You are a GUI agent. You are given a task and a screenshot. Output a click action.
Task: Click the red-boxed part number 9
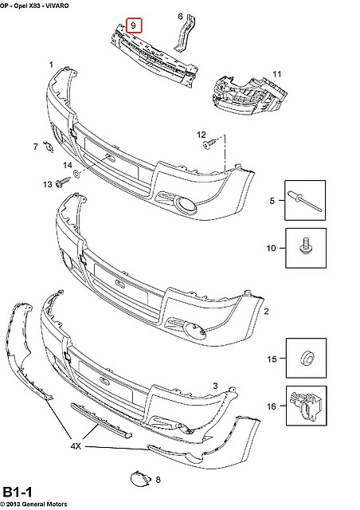pos(134,25)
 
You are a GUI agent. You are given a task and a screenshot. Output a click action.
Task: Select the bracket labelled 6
pos(186,33)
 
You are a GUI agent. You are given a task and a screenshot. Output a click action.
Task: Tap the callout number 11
pos(276,74)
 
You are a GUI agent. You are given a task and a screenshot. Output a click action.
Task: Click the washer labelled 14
pos(77,174)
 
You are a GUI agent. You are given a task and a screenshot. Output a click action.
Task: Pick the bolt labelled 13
pos(63,182)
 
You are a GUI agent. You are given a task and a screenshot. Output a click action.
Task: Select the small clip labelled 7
pos(49,147)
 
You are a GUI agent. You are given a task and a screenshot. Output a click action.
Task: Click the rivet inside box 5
pos(305,201)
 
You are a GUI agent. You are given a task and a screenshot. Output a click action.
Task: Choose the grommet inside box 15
pos(307,359)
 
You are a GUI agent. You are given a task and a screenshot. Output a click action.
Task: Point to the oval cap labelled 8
pos(140,479)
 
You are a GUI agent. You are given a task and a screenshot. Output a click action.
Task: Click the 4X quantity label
pos(76,446)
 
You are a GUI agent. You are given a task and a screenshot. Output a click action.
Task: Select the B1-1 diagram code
pos(18,492)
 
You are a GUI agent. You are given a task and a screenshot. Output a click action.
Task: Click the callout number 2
pos(266,312)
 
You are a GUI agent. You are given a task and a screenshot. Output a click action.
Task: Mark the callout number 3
pos(215,386)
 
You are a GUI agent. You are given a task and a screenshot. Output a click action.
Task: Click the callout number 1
pos(51,65)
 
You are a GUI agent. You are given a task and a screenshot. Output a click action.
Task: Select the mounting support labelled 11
pos(249,96)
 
